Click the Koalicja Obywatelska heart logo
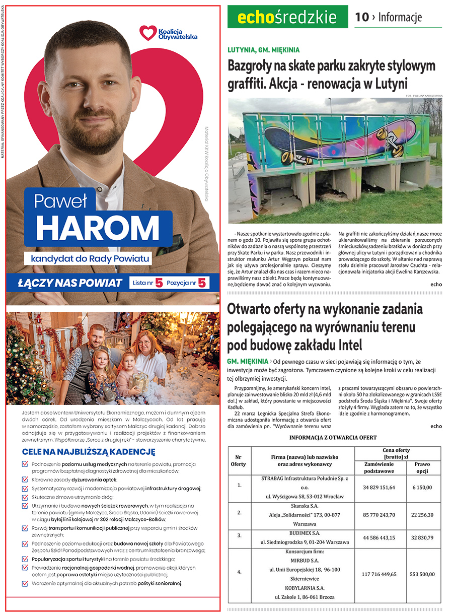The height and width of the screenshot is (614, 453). pyautogui.click(x=148, y=33)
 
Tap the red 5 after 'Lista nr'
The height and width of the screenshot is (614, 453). pyautogui.click(x=159, y=283)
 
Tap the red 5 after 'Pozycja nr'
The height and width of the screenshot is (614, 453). pyautogui.click(x=202, y=283)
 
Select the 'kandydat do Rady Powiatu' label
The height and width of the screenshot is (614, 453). pyautogui.click(x=90, y=259)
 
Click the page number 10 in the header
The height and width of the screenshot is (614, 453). pyautogui.click(x=361, y=17)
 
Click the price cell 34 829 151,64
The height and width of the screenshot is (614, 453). pyautogui.click(x=379, y=488)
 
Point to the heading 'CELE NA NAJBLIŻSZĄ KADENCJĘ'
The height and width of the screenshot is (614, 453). pyautogui.click(x=89, y=451)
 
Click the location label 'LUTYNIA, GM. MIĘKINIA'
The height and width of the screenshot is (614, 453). pyautogui.click(x=263, y=50)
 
